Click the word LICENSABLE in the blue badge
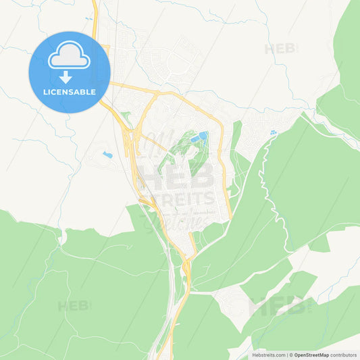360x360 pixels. tap(70, 92)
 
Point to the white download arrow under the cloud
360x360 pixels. tap(66, 76)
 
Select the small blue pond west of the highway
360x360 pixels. tap(107, 155)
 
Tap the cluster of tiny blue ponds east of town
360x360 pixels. tap(273, 133)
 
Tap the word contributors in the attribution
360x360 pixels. tap(344, 355)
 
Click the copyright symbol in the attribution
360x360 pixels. tap(291, 355)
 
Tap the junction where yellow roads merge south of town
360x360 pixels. tap(186, 260)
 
